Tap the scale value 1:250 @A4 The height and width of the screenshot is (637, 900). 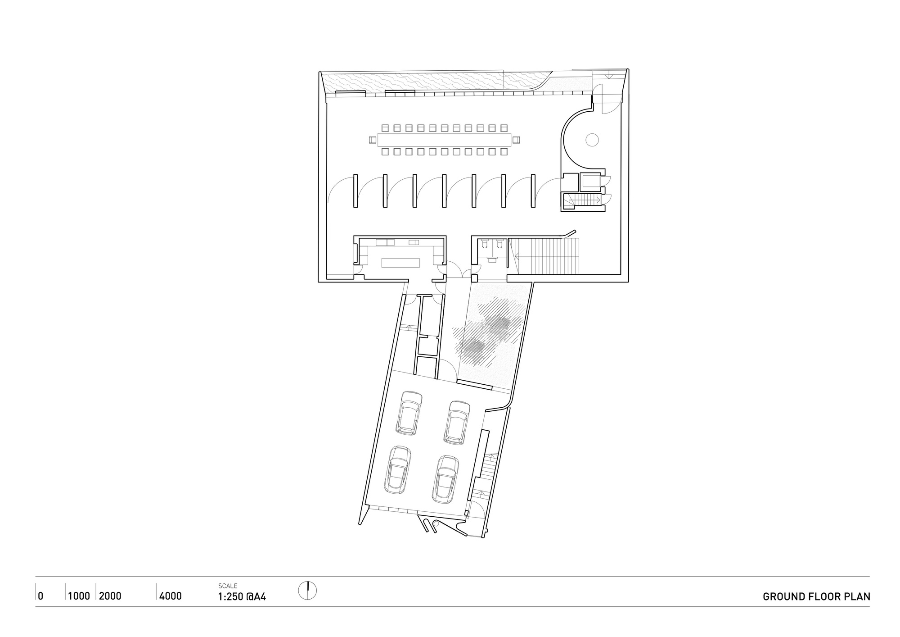tap(242, 597)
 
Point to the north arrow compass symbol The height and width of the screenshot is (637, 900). tap(308, 591)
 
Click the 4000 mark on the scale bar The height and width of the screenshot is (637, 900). tap(171, 596)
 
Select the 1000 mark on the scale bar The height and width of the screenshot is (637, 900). tap(79, 596)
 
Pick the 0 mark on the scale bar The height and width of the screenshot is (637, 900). tap(40, 596)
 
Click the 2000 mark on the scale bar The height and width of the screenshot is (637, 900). tap(110, 596)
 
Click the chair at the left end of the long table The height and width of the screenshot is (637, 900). tap(373, 140)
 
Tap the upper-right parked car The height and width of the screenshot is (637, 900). tap(457, 423)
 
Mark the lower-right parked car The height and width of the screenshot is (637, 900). tap(445, 479)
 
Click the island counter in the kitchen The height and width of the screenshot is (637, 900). tap(400, 263)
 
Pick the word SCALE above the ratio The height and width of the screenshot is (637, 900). tap(228, 586)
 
